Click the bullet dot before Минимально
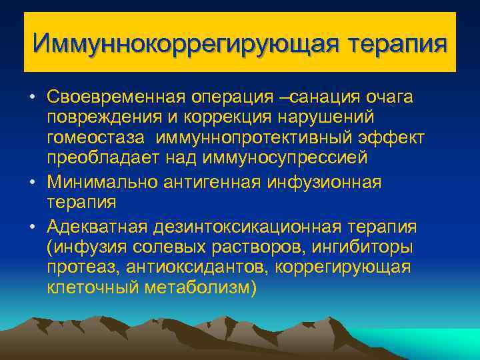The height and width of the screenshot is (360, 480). tap(31, 182)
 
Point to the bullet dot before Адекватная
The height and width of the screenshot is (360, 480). tap(31, 225)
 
